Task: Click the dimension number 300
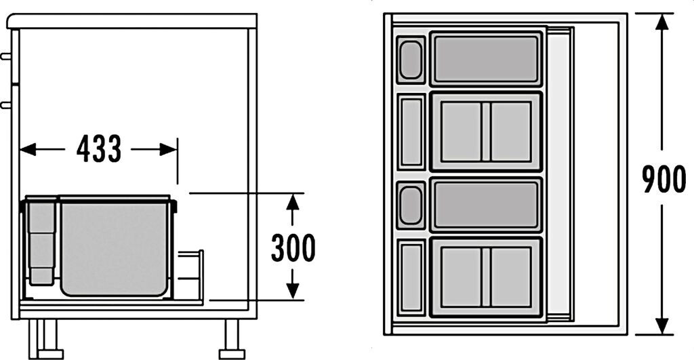click(x=293, y=248)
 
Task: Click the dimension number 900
click(x=664, y=180)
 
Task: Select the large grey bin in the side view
click(x=113, y=247)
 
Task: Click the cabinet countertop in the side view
click(x=132, y=20)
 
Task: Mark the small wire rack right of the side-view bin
click(x=191, y=275)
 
